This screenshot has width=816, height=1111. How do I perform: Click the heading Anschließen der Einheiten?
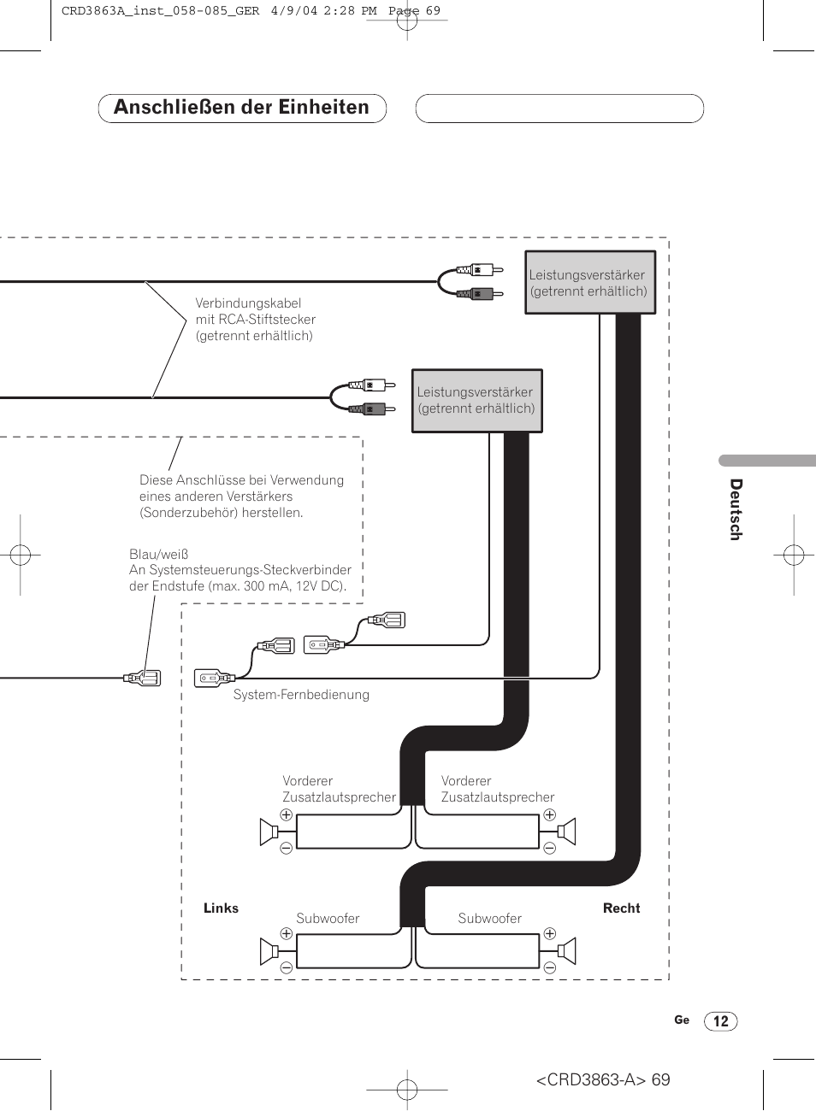(x=241, y=107)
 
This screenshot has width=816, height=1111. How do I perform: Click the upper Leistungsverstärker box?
(x=590, y=282)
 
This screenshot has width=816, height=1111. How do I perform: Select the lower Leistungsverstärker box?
(x=477, y=401)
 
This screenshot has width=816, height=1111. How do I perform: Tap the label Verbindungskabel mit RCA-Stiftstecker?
(x=256, y=311)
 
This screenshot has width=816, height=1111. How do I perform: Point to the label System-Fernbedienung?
(x=301, y=694)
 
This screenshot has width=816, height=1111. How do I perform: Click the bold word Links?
(x=221, y=908)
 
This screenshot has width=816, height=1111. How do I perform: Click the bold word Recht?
(x=622, y=908)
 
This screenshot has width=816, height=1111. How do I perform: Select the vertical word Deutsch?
(x=736, y=509)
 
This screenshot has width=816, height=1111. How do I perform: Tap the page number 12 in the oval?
(x=721, y=1021)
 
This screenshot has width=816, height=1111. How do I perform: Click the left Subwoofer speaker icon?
(x=269, y=952)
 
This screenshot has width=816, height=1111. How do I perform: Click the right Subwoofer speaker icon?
(x=566, y=952)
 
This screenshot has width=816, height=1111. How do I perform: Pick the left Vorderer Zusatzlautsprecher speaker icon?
(x=269, y=832)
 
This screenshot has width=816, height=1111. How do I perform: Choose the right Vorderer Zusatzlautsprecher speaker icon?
(x=566, y=832)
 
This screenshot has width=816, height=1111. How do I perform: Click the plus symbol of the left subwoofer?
(x=287, y=933)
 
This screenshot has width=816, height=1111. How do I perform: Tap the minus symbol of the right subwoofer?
(x=549, y=967)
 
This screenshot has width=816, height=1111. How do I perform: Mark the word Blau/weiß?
(x=158, y=554)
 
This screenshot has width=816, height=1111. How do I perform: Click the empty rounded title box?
(x=559, y=109)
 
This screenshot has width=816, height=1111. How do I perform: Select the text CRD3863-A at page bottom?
(x=591, y=1079)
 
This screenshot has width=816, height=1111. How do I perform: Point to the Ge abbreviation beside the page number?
(x=682, y=1020)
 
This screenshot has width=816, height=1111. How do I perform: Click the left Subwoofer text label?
(x=328, y=919)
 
